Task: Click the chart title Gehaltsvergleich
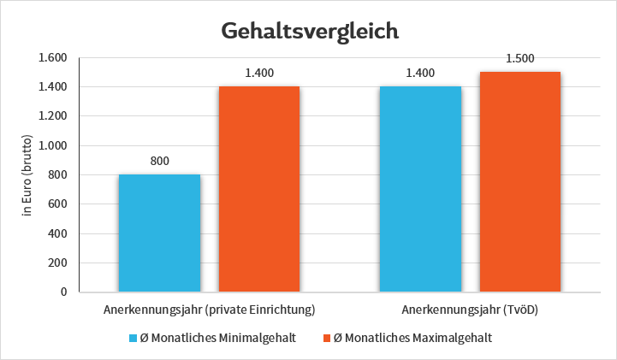(310, 31)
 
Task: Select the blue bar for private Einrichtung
(159, 233)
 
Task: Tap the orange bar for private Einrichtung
(259, 189)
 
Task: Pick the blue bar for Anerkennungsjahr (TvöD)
(419, 189)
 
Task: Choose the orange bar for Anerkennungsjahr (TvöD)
(519, 181)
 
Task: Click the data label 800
(159, 160)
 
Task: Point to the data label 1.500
(519, 58)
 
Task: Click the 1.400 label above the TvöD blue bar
(419, 73)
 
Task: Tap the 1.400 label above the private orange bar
(259, 73)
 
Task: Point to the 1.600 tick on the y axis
(53, 58)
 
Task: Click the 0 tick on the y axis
(63, 292)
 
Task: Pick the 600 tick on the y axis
(57, 204)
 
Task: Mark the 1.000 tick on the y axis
(53, 145)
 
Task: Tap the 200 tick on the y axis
(57, 263)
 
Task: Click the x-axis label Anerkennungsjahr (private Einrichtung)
(210, 309)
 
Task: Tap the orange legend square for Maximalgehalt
(326, 338)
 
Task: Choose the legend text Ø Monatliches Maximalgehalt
(412, 338)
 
